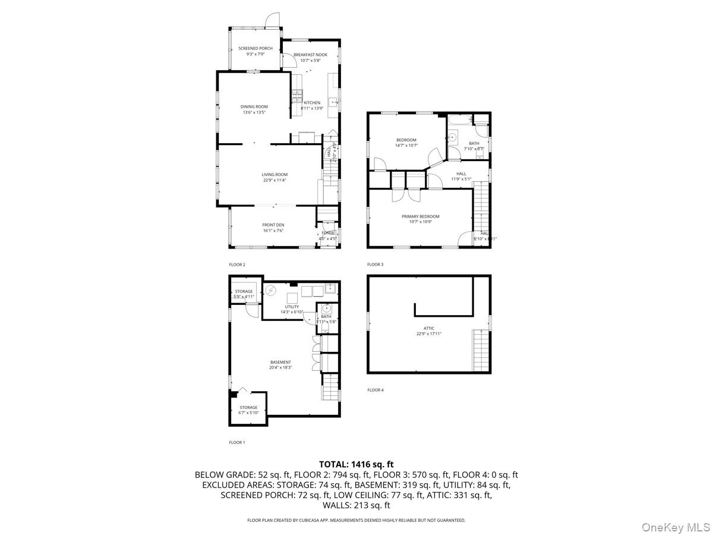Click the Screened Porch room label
point(255,48)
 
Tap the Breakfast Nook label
point(310,55)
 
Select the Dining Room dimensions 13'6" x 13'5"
point(254,112)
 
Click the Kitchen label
point(311,103)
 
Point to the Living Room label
point(275,175)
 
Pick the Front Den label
point(273,225)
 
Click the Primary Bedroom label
point(420,216)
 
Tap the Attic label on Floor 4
point(429,328)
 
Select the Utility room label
point(292,307)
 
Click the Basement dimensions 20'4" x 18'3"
point(280,367)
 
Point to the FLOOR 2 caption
point(237,265)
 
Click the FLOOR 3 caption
point(376,265)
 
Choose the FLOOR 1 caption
point(237,442)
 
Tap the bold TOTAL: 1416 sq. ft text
point(356,464)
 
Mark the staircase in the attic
point(481,350)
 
